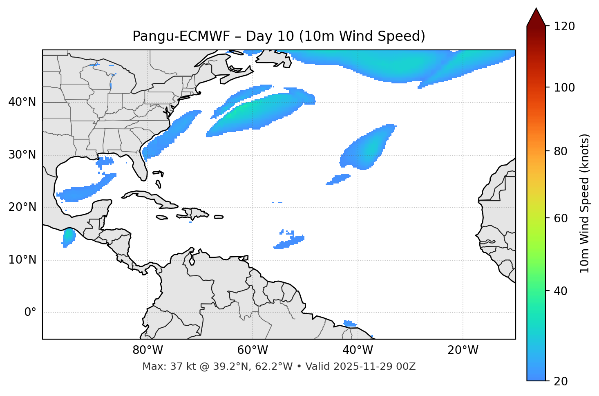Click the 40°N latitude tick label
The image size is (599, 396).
22,102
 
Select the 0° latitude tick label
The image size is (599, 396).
30,313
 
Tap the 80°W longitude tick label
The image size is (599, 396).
148,350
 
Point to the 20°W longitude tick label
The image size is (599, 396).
463,350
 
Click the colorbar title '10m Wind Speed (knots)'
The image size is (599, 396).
585,203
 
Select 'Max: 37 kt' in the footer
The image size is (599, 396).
161,367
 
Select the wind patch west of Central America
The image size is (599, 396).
69,237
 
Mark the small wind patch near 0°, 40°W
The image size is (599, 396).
350,324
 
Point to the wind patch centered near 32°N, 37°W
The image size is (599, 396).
366,149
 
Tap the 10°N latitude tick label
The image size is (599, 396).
22,260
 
